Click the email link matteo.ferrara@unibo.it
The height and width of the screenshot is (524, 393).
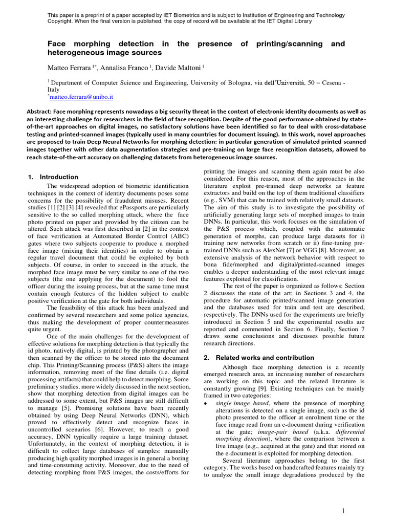click(81, 96)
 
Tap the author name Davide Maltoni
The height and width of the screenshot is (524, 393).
click(182, 68)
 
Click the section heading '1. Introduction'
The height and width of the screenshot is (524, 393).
click(53, 177)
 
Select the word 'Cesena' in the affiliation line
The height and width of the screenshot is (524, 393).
click(325, 82)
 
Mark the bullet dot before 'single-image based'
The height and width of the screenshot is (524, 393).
click(206, 404)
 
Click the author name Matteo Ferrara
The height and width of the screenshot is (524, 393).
click(68, 68)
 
